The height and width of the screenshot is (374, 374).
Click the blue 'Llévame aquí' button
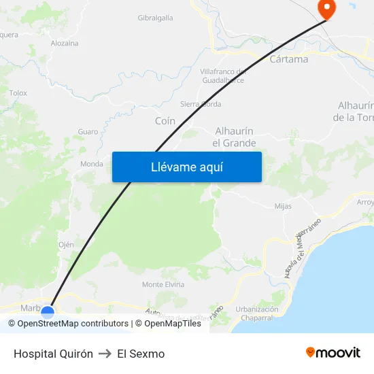(187, 167)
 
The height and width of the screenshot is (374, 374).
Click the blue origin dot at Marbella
(48, 312)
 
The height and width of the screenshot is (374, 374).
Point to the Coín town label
(165, 121)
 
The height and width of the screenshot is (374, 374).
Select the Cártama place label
(289, 59)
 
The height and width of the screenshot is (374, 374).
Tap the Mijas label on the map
(283, 205)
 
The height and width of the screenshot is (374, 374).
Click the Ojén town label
(66, 245)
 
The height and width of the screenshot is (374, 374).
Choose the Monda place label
(92, 164)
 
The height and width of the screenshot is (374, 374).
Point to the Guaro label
(88, 131)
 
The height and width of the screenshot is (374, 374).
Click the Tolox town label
(18, 92)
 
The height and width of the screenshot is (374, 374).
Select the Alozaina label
(65, 43)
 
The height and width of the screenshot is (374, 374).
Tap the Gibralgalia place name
(155, 18)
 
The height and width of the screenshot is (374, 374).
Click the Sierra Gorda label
(200, 104)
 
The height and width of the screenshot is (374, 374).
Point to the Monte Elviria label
(163, 284)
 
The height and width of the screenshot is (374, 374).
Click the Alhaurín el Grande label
(235, 137)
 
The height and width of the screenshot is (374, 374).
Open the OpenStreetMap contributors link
(73, 324)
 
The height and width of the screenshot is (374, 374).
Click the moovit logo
(333, 353)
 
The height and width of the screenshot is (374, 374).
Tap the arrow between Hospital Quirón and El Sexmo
(105, 354)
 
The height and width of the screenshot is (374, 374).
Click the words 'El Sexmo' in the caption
(141, 354)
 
